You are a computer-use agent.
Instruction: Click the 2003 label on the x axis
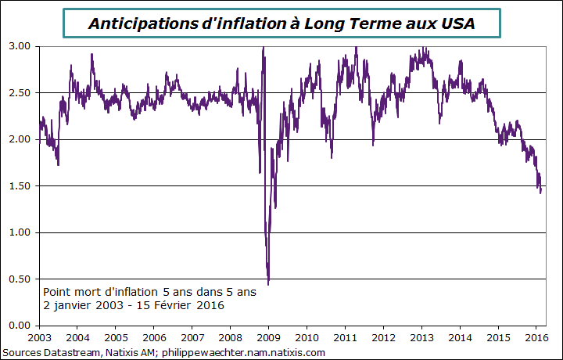(39, 337)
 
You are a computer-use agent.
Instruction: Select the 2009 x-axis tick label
(268, 337)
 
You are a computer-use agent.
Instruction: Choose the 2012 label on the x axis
(383, 337)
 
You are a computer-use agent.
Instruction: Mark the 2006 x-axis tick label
(154, 337)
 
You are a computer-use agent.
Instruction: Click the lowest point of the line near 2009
(269, 283)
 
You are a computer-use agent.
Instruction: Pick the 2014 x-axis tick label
(460, 337)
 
